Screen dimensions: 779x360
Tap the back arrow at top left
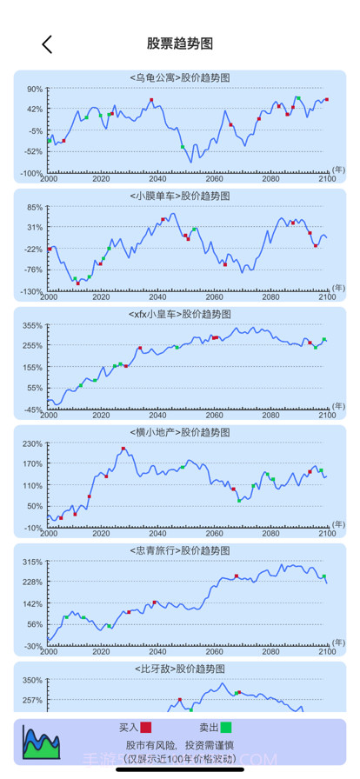(47, 44)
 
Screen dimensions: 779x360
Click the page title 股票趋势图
(180, 43)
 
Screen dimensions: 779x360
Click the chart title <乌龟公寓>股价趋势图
(179, 77)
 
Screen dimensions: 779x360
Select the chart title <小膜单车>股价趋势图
(179, 196)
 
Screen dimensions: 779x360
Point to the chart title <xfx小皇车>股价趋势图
(179, 314)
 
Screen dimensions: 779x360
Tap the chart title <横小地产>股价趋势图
(179, 432)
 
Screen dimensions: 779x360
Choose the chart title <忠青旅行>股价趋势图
(179, 550)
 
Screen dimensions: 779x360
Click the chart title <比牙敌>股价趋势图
(179, 669)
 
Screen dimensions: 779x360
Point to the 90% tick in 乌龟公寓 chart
(33, 89)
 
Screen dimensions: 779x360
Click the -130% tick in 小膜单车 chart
(31, 291)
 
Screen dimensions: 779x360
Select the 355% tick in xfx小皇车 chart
(31, 325)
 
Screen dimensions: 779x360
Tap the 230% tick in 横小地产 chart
(31, 443)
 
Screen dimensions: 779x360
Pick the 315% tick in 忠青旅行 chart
(31, 562)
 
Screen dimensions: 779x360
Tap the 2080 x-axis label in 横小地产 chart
(271, 533)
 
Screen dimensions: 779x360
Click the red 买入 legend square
(145, 728)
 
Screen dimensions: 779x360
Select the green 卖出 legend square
(226, 728)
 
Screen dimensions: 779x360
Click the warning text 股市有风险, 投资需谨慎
(180, 745)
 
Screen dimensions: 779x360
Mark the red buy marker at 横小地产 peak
(123, 449)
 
